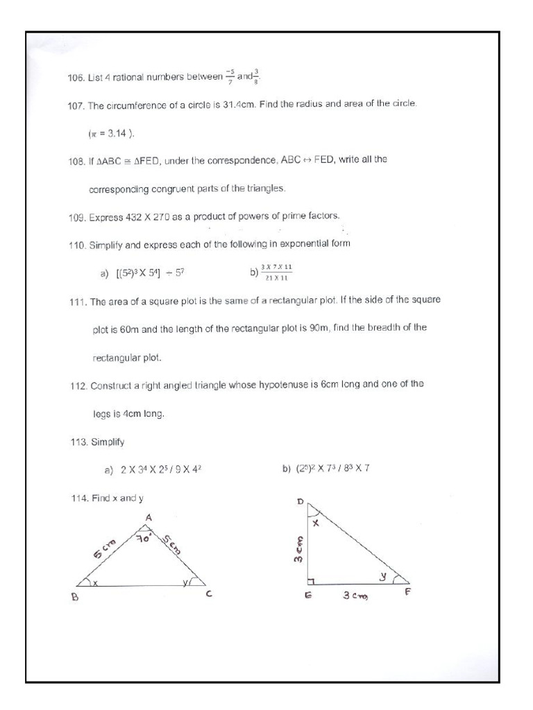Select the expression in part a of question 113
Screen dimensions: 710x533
pos(161,470)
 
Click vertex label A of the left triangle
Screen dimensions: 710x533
pos(148,517)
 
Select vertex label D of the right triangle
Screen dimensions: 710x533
pos(301,501)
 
